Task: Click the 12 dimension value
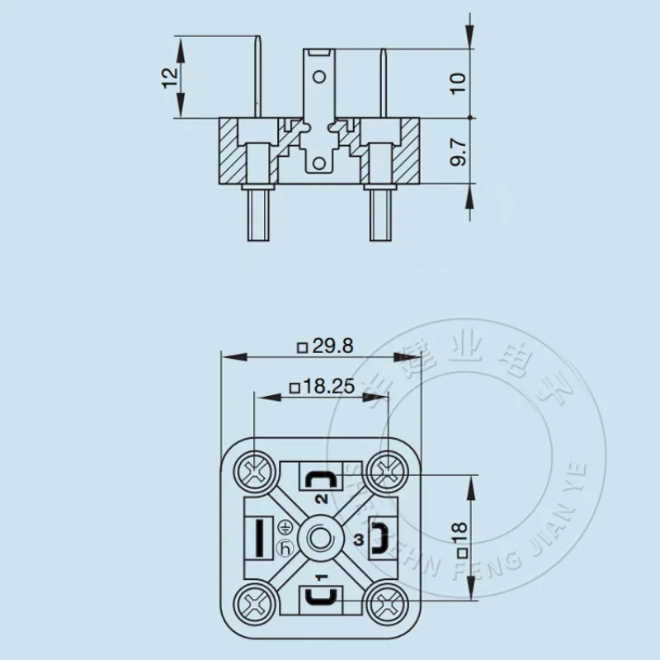pyautogui.click(x=169, y=78)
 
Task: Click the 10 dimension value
pyautogui.click(x=460, y=82)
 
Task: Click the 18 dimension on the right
pyautogui.click(x=461, y=538)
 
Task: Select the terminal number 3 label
pyautogui.click(x=356, y=540)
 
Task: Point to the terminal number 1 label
pyautogui.click(x=321, y=578)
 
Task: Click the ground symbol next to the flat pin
pyautogui.click(x=285, y=525)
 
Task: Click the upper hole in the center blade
pyautogui.click(x=321, y=80)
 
